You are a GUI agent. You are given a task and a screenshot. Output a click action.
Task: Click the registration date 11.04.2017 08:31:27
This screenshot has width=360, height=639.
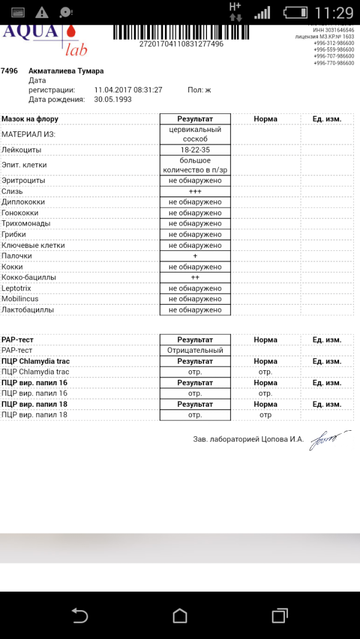[128, 90]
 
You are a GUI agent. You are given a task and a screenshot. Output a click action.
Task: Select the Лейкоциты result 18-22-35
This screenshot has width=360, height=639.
[195, 149]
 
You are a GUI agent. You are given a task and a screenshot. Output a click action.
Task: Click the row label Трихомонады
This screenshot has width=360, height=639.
[26, 224]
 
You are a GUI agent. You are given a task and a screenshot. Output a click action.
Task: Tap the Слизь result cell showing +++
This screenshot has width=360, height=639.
[195, 191]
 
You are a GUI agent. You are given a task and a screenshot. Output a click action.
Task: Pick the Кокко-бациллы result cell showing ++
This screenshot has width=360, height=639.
[195, 278]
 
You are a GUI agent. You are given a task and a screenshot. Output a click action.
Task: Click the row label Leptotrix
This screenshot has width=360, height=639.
[17, 289]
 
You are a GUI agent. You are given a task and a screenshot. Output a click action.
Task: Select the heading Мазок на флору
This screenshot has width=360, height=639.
[30, 119]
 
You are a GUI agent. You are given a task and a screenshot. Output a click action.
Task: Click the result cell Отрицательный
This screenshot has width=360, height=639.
[195, 350]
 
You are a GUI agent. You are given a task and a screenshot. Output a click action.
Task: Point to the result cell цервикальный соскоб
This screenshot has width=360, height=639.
[195, 134]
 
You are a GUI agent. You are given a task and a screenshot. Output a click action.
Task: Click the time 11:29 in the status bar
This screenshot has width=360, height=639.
[334, 13]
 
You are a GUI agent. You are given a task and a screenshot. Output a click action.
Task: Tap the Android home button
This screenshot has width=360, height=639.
[180, 616]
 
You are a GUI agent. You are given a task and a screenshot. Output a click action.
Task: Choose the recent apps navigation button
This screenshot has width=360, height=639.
[280, 616]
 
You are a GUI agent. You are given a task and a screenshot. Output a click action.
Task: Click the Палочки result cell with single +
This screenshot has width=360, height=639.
[195, 256]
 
